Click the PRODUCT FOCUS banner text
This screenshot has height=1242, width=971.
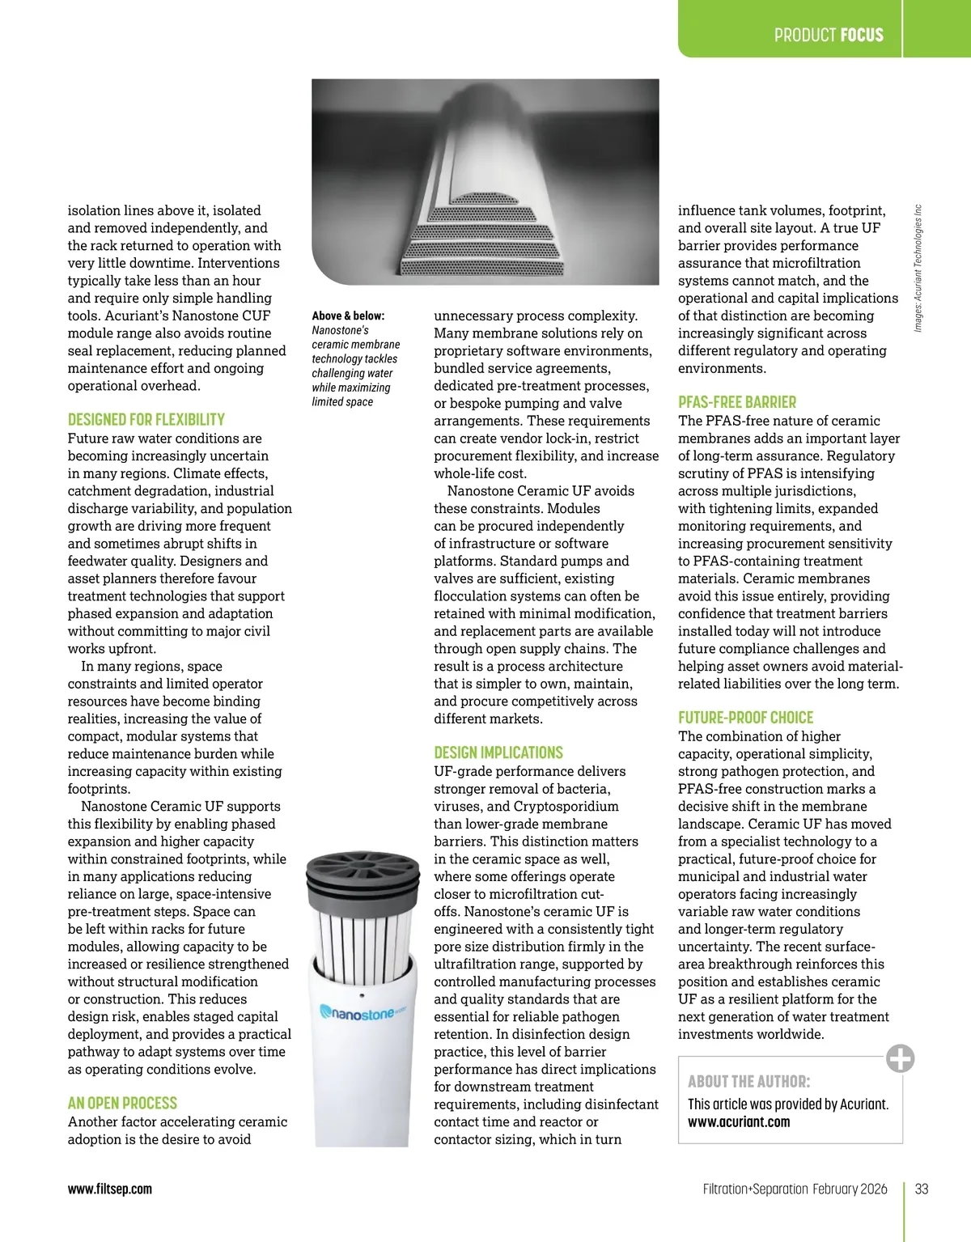[828, 35]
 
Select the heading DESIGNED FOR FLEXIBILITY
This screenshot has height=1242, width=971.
[146, 419]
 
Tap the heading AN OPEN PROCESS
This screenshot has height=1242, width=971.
[122, 1103]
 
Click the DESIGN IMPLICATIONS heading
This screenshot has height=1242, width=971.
[498, 752]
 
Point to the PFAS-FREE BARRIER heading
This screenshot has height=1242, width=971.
[736, 402]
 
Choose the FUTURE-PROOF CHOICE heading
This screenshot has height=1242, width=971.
[745, 718]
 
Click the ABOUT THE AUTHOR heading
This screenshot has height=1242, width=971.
[748, 1082]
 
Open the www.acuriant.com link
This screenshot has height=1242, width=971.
[738, 1122]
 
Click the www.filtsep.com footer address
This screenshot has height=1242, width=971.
[109, 1189]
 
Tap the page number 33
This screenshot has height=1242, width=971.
[921, 1189]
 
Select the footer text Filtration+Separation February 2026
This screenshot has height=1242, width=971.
[794, 1189]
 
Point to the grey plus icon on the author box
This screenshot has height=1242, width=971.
[900, 1058]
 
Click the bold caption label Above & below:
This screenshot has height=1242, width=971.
[348, 316]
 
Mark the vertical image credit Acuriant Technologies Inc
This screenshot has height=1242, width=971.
[918, 268]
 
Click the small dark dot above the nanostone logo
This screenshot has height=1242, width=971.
[361, 995]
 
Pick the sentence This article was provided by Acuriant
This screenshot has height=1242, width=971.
[787, 1104]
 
